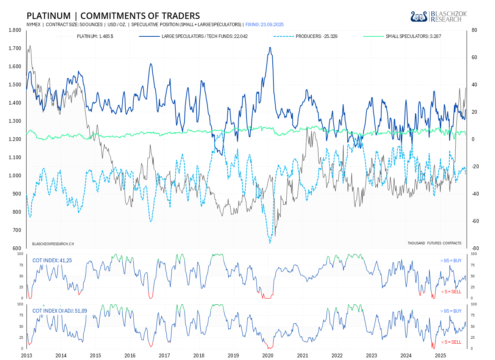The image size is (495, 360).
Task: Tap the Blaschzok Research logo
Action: point(439,16)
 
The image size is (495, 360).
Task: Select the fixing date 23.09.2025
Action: point(264,25)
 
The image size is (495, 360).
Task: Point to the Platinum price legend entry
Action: point(95,36)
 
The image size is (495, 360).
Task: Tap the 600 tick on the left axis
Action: point(17,249)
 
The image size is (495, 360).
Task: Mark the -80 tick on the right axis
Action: point(475,249)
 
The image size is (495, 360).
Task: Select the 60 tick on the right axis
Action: point(474,58)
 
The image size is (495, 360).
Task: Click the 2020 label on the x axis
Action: point(268,355)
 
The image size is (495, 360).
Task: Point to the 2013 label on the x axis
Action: point(27,355)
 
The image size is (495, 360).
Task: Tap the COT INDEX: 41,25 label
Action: point(52,260)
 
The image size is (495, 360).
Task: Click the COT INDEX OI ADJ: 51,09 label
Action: point(59,311)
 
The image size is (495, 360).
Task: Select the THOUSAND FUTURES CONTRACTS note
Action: point(434,243)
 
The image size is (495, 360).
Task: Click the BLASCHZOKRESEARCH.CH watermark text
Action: point(53,244)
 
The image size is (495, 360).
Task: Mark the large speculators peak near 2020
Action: point(270,48)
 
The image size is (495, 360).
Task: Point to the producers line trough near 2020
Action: point(270,243)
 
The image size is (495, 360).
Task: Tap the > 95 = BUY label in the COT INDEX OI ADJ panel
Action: point(451,311)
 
